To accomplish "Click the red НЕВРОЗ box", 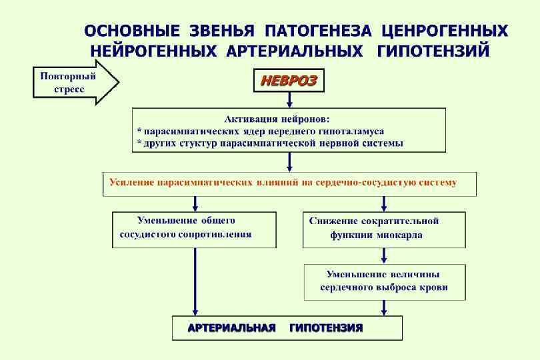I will [x=288, y=81].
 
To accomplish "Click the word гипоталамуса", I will [x=345, y=131].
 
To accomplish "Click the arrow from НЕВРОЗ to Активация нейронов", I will [x=289, y=100].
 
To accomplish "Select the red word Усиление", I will [x=131, y=182].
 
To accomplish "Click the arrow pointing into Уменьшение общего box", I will [x=195, y=204].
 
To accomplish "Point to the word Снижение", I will [x=335, y=221].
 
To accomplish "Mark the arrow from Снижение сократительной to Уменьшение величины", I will [x=384, y=256].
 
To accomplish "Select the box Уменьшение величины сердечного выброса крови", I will [x=385, y=281].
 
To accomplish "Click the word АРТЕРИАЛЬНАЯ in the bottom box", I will [x=231, y=329].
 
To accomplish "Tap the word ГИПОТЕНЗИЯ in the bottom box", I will [x=326, y=329].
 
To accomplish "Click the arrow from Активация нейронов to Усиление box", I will [x=289, y=162].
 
